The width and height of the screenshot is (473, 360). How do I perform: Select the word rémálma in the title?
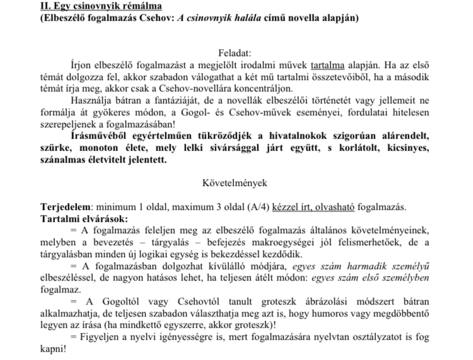pos(138,6)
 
